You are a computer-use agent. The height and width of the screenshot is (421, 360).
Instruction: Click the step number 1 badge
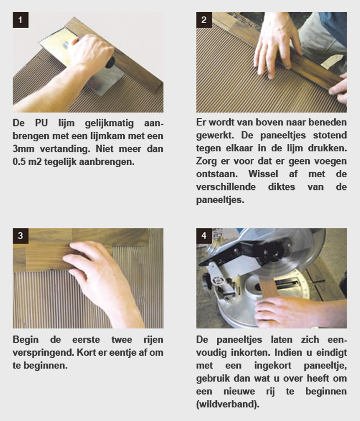[x=20, y=20]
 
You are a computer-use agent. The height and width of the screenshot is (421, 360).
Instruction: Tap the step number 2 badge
[x=204, y=20]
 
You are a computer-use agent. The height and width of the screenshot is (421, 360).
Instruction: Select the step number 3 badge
[x=20, y=236]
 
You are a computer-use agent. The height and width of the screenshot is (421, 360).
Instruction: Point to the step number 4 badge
[x=204, y=236]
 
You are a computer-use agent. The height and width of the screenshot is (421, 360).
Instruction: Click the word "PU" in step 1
[x=41, y=123]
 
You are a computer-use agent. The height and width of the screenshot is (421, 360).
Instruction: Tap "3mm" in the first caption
[x=23, y=149]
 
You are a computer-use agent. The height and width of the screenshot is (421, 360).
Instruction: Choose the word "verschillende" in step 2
[x=226, y=186]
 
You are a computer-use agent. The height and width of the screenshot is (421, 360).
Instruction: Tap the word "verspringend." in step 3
[x=43, y=353]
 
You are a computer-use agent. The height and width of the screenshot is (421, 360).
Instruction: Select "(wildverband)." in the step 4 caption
[x=227, y=404]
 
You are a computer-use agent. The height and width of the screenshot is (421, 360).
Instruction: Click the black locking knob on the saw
[x=208, y=280]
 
